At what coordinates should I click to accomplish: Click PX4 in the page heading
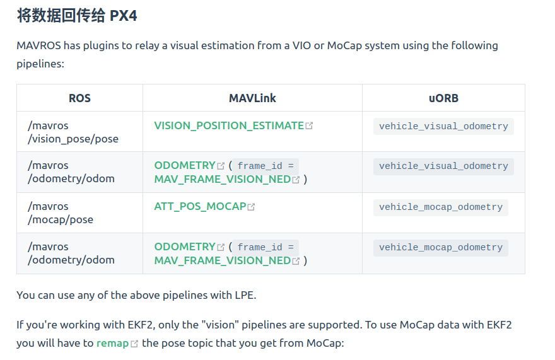(x=123, y=16)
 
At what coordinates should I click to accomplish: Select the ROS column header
(x=79, y=98)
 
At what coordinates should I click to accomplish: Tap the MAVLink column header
(x=252, y=98)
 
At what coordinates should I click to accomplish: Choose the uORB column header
(x=443, y=98)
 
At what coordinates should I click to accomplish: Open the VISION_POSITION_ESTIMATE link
(x=229, y=125)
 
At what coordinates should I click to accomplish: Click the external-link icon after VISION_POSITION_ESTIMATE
(x=309, y=126)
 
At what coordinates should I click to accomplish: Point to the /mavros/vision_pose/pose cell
(x=73, y=132)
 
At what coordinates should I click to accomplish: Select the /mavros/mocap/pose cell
(x=61, y=212)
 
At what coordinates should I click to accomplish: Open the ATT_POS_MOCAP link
(x=200, y=206)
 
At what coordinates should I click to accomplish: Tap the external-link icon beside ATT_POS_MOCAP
(x=251, y=207)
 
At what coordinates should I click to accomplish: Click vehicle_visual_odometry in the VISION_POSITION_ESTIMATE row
(x=443, y=126)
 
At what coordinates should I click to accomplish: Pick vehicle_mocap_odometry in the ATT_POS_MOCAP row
(x=440, y=207)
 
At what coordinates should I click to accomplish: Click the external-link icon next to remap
(x=134, y=344)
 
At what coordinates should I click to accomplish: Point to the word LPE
(x=244, y=294)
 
